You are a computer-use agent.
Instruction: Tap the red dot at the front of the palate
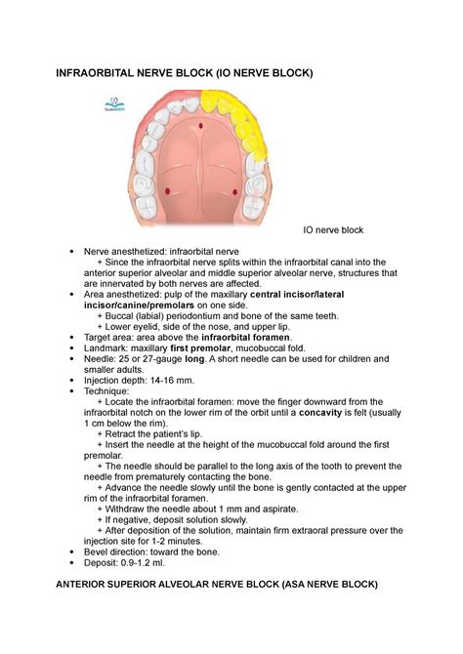(x=199, y=127)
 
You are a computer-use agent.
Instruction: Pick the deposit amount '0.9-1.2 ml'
(x=145, y=563)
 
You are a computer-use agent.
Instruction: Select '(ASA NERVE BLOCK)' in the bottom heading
(x=320, y=585)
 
